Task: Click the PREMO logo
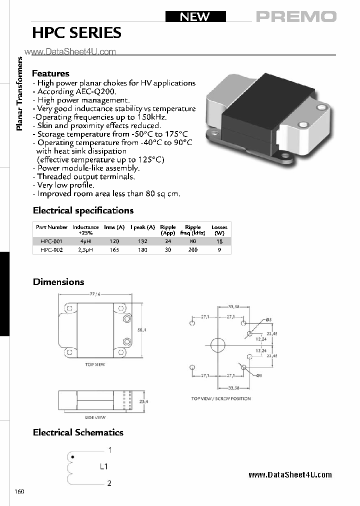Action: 296,16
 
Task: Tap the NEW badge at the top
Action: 194,16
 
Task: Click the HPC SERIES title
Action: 76,33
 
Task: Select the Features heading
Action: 50,73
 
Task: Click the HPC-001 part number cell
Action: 51,241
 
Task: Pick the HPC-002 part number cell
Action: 51,249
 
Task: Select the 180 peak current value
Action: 142,249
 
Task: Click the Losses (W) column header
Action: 219,230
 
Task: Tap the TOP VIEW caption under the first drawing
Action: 95,364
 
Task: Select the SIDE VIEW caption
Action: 94,417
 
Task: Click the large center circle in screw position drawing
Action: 218,345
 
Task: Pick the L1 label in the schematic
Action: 104,466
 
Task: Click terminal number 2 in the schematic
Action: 109,483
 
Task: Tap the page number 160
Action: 19,491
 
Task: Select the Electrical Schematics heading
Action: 78,432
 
